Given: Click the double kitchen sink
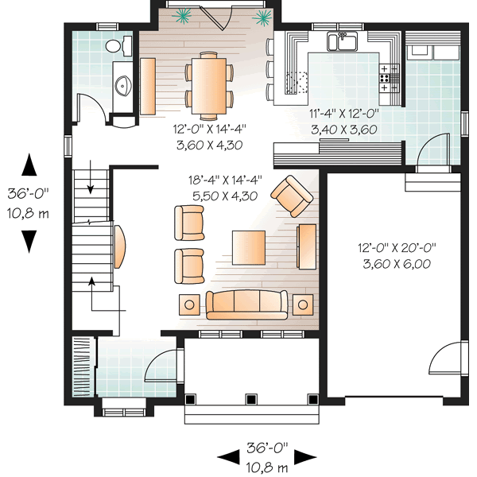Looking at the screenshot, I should [343, 42].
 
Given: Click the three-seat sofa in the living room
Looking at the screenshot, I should [246, 304].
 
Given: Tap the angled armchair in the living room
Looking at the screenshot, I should [292, 196].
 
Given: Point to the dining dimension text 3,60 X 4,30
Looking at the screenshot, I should [207, 145].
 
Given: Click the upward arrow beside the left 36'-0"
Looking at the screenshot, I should [29, 165].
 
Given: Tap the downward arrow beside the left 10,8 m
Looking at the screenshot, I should [29, 239].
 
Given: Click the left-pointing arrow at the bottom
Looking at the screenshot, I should [227, 457].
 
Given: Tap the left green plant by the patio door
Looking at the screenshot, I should [184, 14].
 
